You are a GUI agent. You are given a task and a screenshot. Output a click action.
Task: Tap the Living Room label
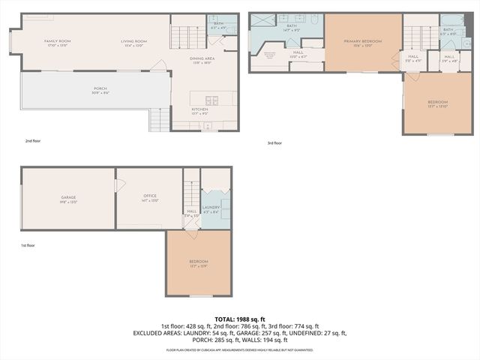(133, 42)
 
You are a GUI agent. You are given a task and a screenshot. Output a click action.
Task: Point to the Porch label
(100, 90)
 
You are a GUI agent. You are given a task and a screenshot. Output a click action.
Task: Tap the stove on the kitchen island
(211, 99)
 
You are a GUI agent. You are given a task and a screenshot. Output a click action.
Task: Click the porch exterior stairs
(158, 118)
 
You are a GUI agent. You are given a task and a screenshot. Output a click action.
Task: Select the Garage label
(68, 199)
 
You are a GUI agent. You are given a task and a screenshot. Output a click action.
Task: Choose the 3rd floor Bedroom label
(438, 103)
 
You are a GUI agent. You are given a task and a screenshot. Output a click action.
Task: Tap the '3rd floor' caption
(274, 142)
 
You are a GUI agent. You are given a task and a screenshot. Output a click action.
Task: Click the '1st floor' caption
(28, 245)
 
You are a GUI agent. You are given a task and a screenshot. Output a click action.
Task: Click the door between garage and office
(116, 186)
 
